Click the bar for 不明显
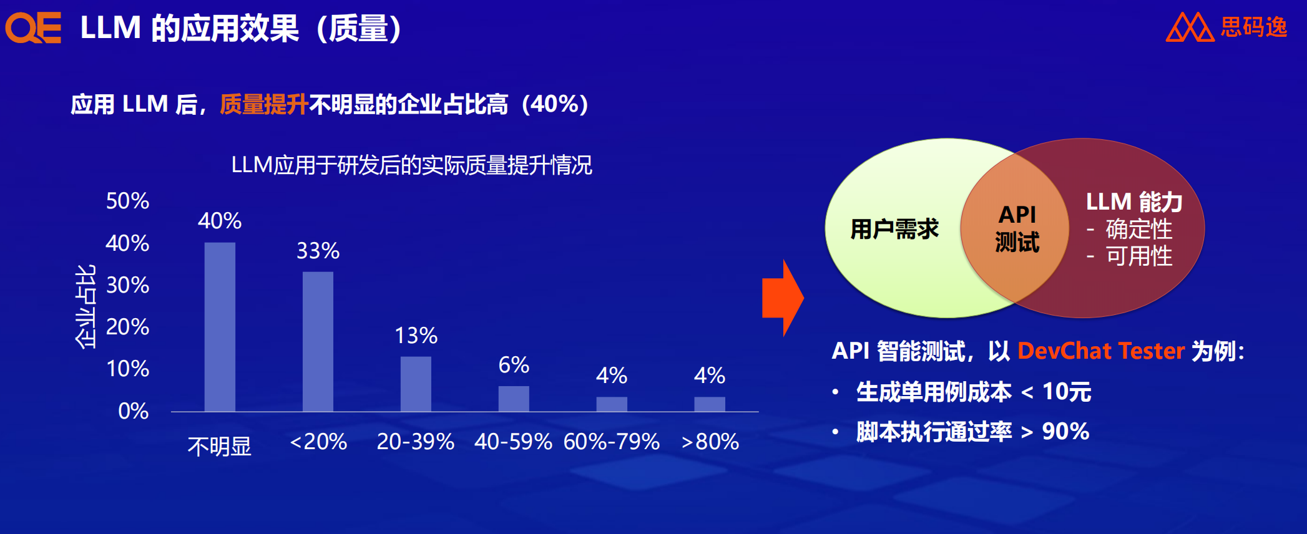[220, 327]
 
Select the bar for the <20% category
[318, 342]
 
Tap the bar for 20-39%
[416, 384]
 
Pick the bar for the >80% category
[710, 404]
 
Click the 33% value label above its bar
[318, 251]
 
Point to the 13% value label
[416, 336]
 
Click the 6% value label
[514, 365]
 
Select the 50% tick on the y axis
[127, 201]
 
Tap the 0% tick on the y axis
[133, 411]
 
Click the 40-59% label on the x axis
[513, 442]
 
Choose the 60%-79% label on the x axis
[611, 442]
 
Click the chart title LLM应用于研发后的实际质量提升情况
[411, 165]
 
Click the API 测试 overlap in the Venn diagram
[1017, 228]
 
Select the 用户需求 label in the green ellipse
[894, 229]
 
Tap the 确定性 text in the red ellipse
[1138, 229]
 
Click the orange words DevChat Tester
[1100, 351]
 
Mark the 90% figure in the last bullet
[1065, 431]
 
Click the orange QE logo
[33, 27]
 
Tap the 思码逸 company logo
[1226, 27]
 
